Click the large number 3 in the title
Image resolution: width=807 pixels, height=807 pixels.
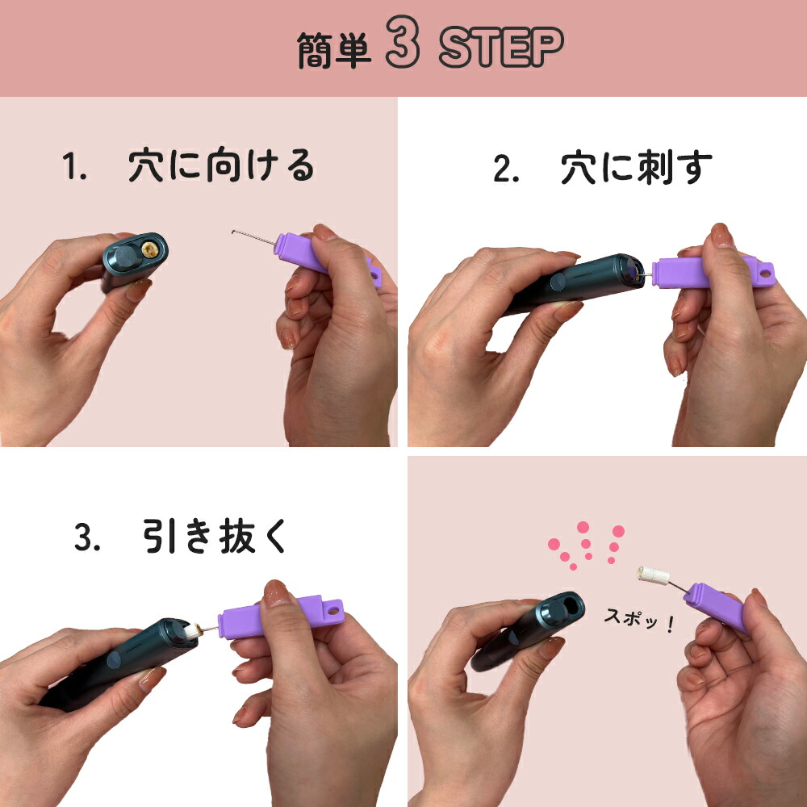pyautogui.click(x=403, y=48)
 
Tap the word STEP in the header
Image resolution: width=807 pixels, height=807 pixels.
pyautogui.click(x=500, y=49)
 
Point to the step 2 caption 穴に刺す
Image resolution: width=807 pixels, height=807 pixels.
pyautogui.click(x=637, y=168)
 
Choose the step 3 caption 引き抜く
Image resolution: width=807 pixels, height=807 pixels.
pyautogui.click(x=215, y=537)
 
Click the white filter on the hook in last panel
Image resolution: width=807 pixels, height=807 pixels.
pyautogui.click(x=654, y=576)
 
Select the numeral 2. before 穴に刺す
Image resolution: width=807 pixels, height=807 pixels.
pyautogui.click(x=506, y=170)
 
